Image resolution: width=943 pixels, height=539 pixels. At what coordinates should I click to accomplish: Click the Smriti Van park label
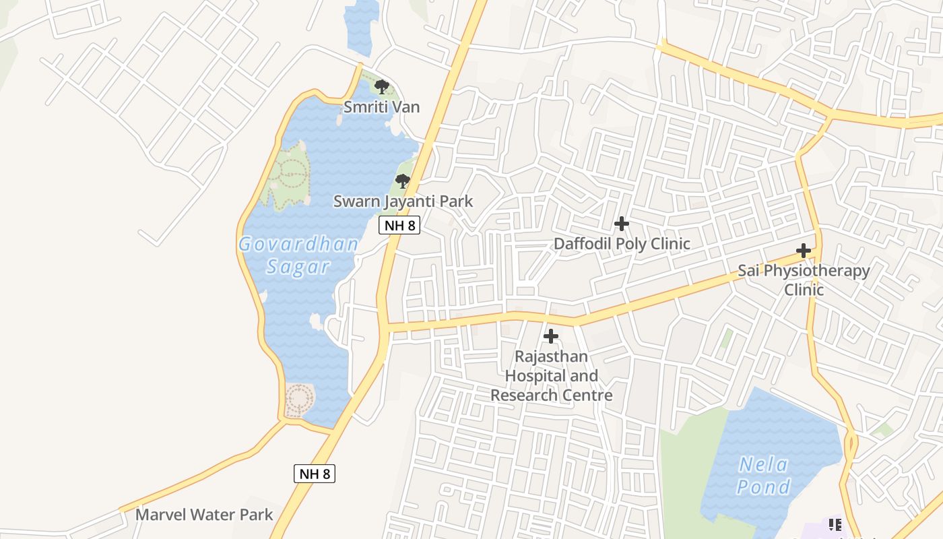(x=381, y=106)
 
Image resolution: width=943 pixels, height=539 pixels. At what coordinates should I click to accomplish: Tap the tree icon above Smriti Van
(x=382, y=86)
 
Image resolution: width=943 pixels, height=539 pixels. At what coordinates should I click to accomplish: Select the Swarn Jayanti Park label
(x=403, y=201)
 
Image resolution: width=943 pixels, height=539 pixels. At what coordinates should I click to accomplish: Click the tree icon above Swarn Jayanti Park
(x=403, y=181)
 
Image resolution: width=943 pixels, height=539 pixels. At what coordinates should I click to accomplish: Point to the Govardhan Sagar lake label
(x=298, y=255)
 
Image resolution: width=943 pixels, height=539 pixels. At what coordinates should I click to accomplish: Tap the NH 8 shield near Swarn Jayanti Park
(x=400, y=225)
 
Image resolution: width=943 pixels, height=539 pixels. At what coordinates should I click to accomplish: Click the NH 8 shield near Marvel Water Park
(x=315, y=474)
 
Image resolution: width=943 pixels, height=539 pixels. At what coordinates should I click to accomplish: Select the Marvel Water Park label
(x=204, y=515)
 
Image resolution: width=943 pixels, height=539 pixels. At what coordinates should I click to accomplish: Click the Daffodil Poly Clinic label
(x=622, y=243)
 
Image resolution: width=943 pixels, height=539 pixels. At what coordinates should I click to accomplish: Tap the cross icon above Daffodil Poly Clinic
(x=622, y=223)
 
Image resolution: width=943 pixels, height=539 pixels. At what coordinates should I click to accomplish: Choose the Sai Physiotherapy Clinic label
(x=804, y=280)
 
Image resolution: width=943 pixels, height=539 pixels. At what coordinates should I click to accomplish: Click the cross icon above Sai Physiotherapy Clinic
(x=803, y=251)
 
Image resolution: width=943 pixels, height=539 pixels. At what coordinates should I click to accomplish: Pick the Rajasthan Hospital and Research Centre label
(x=551, y=375)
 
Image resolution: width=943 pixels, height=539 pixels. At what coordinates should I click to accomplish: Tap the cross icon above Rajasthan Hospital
(x=551, y=336)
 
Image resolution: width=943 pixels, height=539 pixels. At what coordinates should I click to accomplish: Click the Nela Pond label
(x=763, y=475)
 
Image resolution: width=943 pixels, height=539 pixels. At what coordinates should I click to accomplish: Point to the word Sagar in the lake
(x=298, y=266)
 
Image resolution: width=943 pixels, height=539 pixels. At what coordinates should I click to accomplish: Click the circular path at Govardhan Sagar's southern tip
(x=298, y=400)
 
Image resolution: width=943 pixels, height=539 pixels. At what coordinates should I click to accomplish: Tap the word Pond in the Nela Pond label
(x=763, y=486)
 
